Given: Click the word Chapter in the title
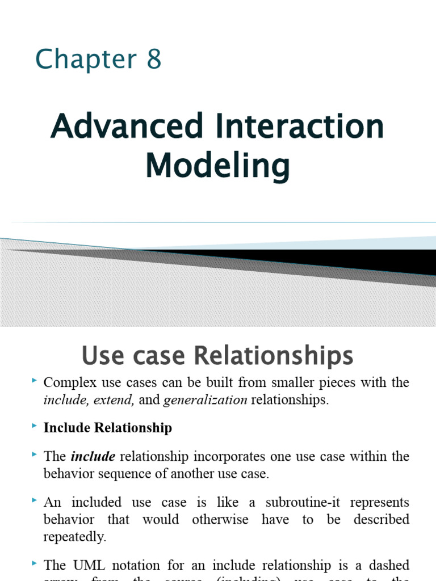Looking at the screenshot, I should pos(78,60).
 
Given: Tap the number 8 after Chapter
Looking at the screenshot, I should pos(154,60).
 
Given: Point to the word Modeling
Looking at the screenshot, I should pos(217,166).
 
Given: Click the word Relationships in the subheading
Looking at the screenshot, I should pos(274,356).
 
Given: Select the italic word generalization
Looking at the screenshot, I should pos(205,400).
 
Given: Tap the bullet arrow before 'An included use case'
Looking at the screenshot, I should pos(35,500).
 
